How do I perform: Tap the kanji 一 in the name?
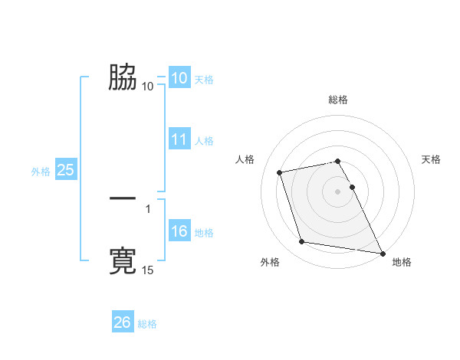coord(123,198)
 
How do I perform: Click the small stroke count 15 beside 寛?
coord(148,270)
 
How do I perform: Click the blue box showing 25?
coord(65,171)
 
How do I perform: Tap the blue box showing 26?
coord(123,323)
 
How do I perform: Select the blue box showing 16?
coord(179,232)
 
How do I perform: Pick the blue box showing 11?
coord(179,139)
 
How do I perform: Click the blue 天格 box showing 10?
coord(179,78)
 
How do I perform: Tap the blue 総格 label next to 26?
coord(147,324)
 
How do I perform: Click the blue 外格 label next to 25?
coord(41,172)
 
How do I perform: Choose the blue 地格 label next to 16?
coord(205,233)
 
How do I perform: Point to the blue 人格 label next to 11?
coord(205,141)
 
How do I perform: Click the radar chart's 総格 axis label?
coord(338,100)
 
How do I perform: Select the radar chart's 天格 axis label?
coord(432,159)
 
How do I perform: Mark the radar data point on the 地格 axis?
coord(383,252)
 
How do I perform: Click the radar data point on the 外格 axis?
coord(302,242)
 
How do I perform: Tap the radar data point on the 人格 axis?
coord(280,172)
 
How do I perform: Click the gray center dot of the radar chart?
coord(338,191)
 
